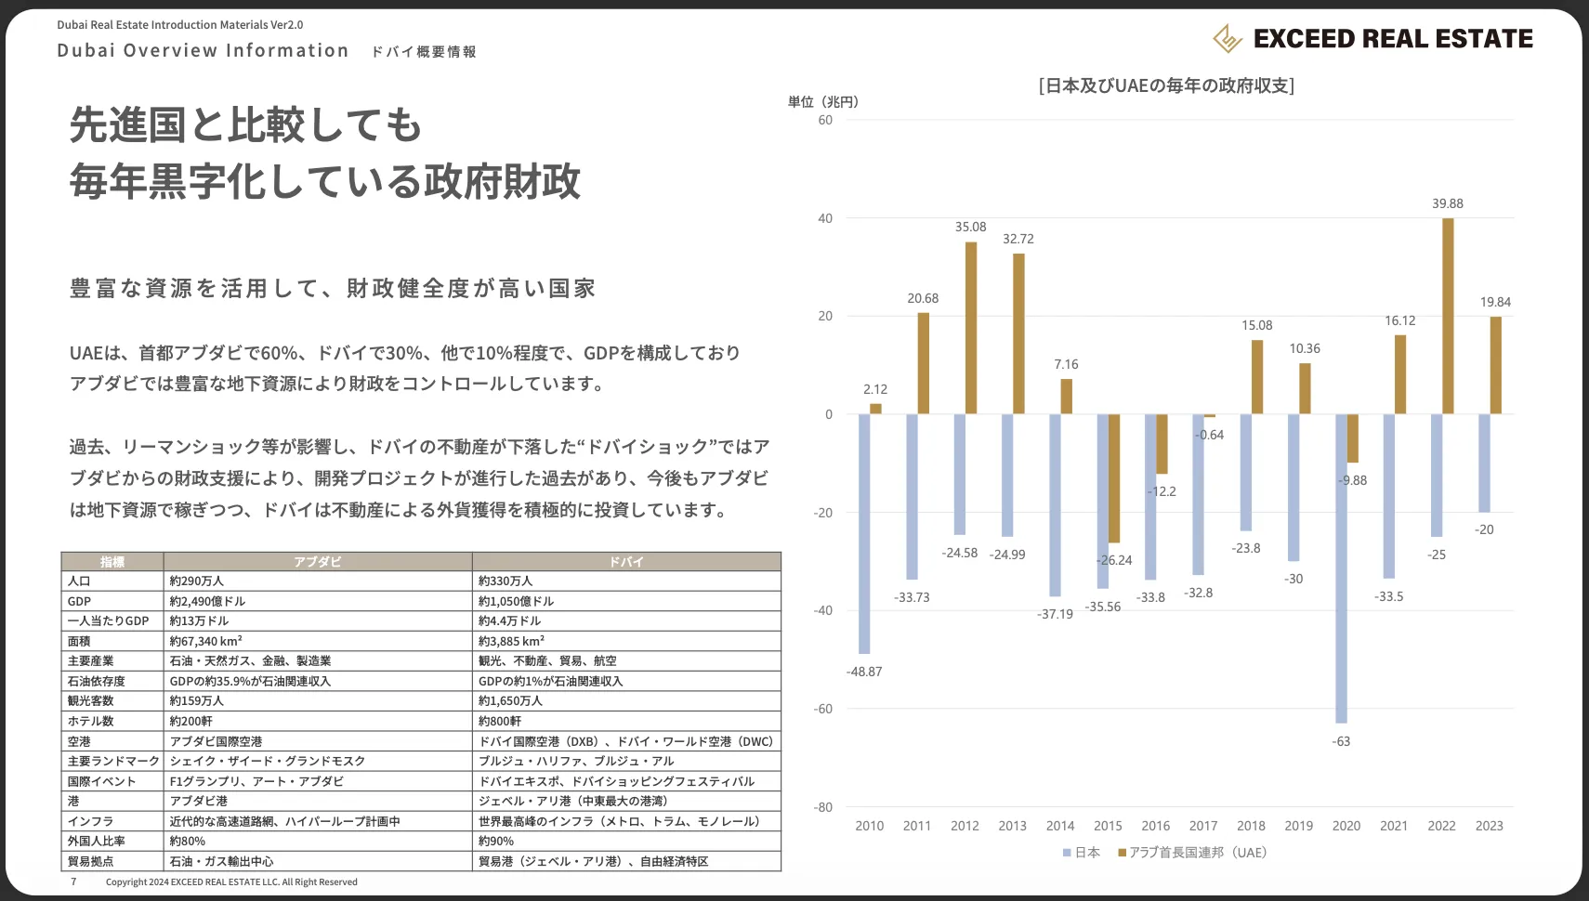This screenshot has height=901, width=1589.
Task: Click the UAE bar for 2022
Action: (x=1448, y=316)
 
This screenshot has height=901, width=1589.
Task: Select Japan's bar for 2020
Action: (x=1341, y=568)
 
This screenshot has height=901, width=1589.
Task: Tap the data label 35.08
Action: (x=970, y=227)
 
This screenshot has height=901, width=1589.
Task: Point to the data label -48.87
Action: (x=864, y=672)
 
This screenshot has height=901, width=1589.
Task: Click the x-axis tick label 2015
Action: (x=1108, y=826)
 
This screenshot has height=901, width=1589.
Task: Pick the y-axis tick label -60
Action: (x=823, y=709)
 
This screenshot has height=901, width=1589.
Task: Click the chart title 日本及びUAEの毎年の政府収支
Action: (x=1165, y=85)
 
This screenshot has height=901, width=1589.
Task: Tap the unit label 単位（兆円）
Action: (x=823, y=101)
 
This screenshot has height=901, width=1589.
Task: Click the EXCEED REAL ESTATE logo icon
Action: (x=1228, y=38)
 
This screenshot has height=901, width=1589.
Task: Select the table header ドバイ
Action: (x=626, y=562)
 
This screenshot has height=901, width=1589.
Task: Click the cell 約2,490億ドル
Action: (x=208, y=601)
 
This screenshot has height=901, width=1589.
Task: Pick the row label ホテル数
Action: (x=91, y=721)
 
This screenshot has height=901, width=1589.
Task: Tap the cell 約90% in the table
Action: (x=496, y=841)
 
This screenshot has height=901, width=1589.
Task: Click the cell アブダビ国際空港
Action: (x=217, y=741)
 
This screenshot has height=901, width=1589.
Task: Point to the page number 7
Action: (x=74, y=881)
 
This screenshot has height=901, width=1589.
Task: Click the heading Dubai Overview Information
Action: (x=203, y=50)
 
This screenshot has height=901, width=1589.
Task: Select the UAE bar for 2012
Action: (x=971, y=327)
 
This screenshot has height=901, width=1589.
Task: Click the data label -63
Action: (x=1341, y=741)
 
